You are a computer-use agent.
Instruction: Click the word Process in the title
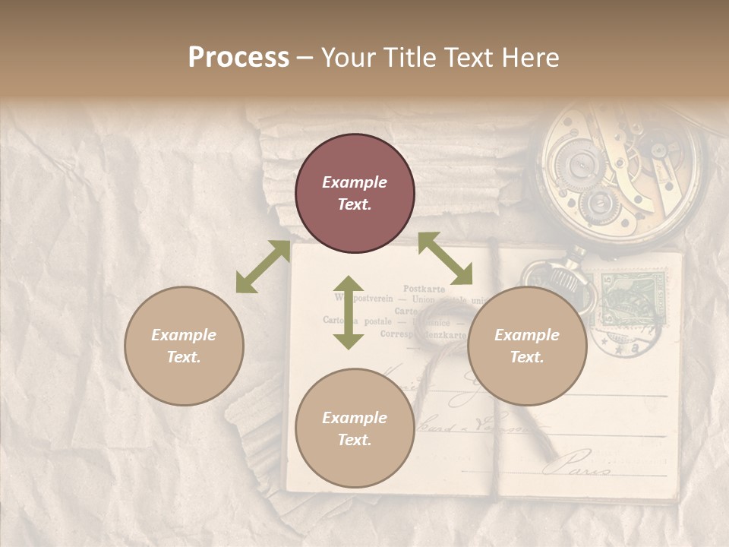[238, 58]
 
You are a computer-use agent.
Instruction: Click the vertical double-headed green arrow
[349, 312]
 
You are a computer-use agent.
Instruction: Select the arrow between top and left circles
[263, 267]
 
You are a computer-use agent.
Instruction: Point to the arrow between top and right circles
[445, 258]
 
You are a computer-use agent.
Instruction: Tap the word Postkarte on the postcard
[424, 289]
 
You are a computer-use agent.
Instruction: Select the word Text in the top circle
[355, 204]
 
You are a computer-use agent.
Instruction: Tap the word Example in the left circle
[184, 335]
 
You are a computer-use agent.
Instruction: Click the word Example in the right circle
[527, 335]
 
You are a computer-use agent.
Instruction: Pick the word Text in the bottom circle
[355, 440]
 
